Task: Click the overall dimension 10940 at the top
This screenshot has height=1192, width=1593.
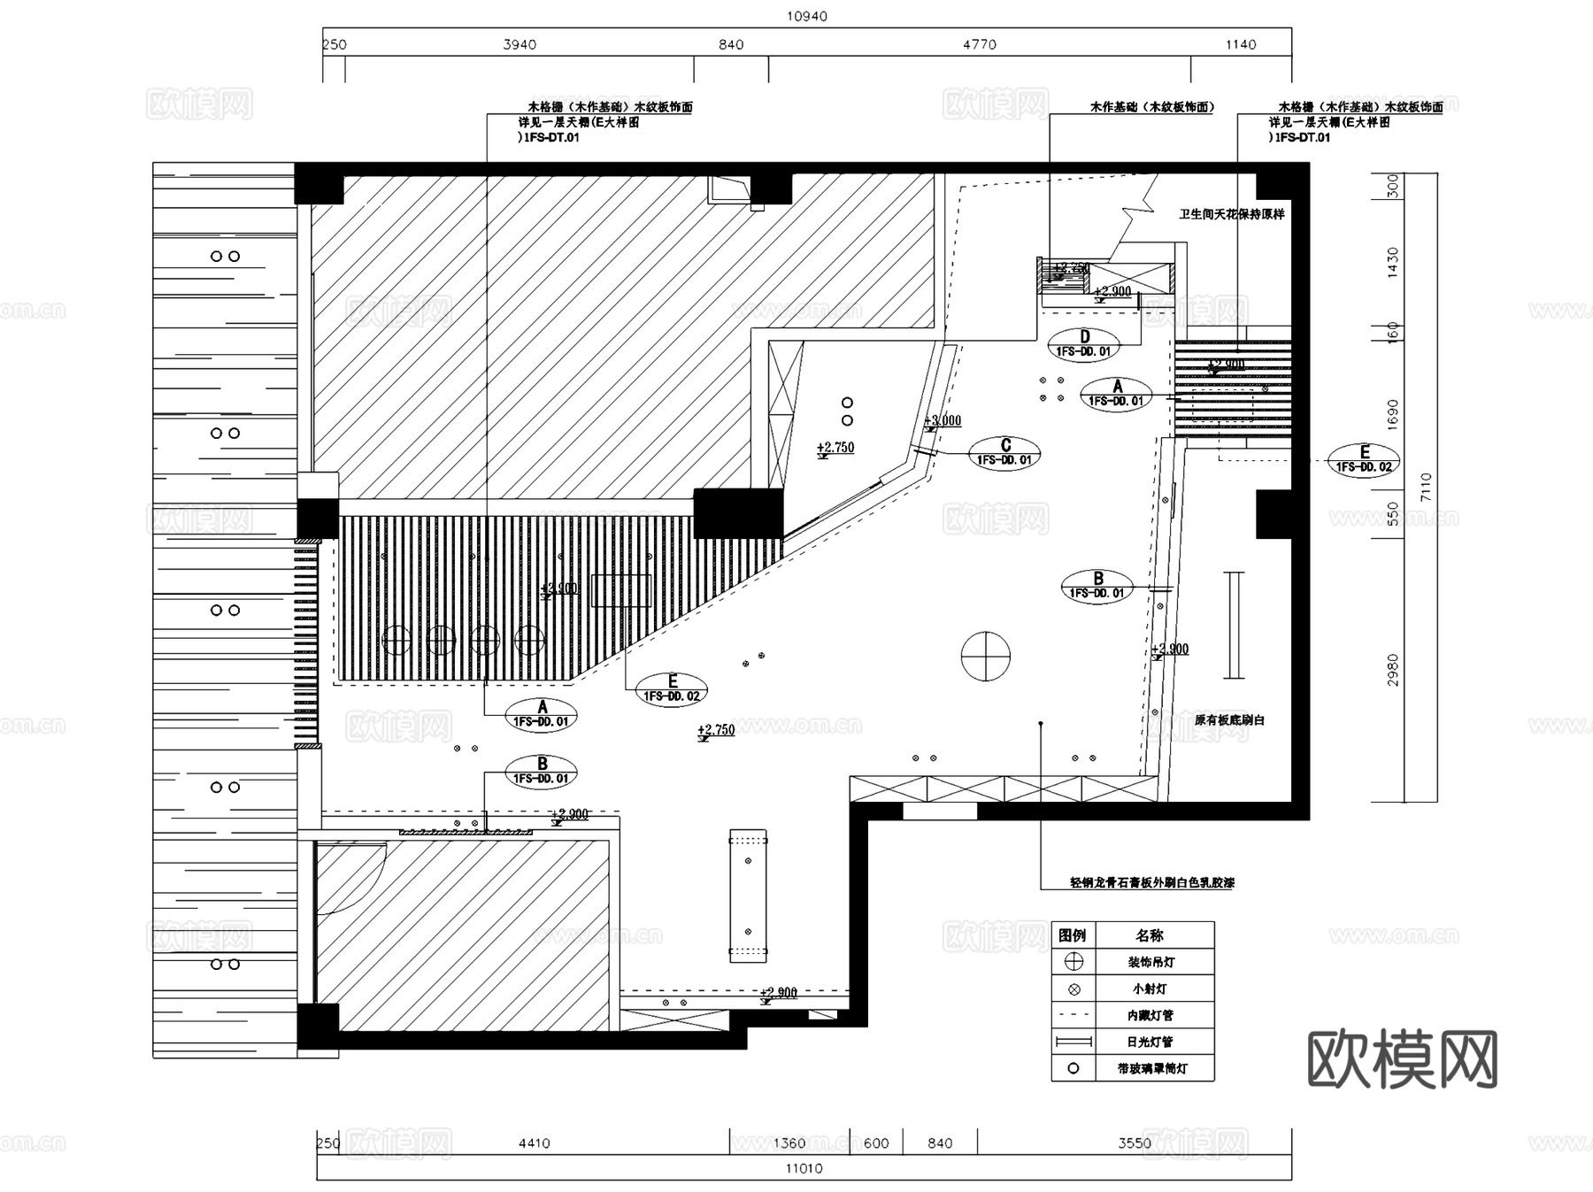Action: tap(806, 16)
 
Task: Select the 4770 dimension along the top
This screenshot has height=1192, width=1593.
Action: tap(979, 44)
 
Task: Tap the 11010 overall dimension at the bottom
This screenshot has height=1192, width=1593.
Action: tap(804, 1168)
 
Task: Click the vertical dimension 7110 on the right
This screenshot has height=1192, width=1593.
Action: tap(1425, 487)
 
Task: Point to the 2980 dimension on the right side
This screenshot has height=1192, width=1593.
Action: tap(1393, 670)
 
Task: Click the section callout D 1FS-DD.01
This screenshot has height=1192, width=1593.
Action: tap(1083, 343)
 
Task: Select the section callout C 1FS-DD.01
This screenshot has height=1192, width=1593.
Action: tap(1004, 452)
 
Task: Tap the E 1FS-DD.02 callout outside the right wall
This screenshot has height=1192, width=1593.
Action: tap(1364, 459)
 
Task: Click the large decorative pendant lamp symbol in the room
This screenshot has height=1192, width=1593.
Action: tap(985, 656)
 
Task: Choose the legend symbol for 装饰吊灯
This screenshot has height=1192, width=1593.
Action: tap(1074, 962)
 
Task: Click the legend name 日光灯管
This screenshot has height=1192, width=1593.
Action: tap(1150, 1042)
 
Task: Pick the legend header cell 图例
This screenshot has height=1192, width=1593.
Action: tap(1073, 935)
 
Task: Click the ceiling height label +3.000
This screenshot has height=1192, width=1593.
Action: tap(943, 420)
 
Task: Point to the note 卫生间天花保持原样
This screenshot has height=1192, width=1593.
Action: tap(1231, 214)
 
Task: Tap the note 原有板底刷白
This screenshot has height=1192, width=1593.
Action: tap(1229, 720)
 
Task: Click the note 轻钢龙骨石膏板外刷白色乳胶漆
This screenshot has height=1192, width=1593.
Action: tap(1151, 882)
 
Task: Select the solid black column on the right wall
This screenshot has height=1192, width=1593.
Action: tap(1274, 513)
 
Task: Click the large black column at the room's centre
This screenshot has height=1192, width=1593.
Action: tap(738, 513)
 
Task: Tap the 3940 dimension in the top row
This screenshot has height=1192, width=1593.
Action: tap(519, 44)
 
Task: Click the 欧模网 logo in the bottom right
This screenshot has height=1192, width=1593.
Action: tap(1402, 1058)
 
